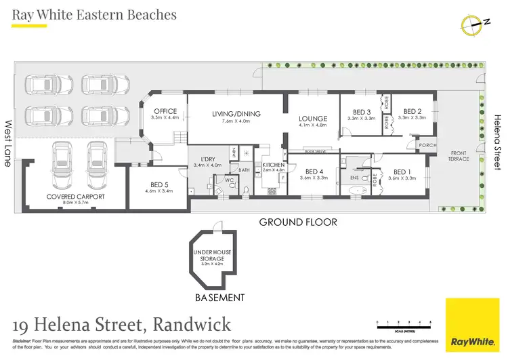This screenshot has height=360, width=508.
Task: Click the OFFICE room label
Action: (x=165, y=112)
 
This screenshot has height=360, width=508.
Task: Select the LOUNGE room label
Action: (x=313, y=119)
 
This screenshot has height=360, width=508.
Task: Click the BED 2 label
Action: (x=412, y=112)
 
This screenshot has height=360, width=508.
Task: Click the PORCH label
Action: (x=427, y=144)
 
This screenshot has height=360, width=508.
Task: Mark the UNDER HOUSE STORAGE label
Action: (x=213, y=256)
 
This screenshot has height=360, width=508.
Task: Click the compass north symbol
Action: (x=474, y=24)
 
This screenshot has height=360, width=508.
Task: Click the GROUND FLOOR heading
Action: (x=298, y=222)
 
